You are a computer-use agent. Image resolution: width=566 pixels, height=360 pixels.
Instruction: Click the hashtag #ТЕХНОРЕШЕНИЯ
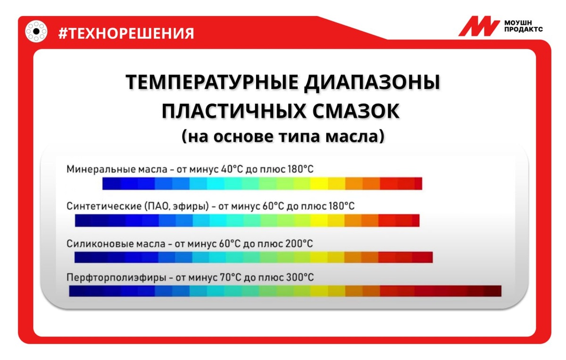click(x=126, y=33)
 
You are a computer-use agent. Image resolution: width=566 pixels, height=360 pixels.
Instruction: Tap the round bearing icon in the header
click(x=36, y=31)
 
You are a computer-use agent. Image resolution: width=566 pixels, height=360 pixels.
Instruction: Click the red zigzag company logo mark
click(x=479, y=26)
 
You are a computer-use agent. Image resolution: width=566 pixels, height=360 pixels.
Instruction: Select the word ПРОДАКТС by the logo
click(x=523, y=30)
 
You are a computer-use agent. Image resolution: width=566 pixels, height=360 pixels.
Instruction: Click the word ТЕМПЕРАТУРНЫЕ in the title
click(x=212, y=82)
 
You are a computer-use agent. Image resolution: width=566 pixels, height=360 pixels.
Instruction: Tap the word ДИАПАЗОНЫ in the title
click(x=372, y=83)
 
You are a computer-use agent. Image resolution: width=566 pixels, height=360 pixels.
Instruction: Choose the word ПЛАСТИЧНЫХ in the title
click(x=234, y=111)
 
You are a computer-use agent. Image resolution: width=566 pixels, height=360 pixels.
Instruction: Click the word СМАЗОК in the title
click(x=356, y=111)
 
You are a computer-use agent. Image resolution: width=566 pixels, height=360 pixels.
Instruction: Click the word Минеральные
click(x=101, y=169)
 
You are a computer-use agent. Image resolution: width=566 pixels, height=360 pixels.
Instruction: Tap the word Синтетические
click(x=104, y=206)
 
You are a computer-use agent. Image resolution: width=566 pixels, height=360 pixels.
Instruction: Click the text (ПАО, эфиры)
click(x=176, y=206)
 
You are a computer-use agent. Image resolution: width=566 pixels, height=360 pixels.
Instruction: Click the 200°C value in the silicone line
click(x=299, y=244)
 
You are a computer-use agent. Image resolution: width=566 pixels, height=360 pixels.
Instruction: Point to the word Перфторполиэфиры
click(x=116, y=277)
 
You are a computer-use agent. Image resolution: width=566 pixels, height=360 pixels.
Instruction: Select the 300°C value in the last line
click(x=300, y=277)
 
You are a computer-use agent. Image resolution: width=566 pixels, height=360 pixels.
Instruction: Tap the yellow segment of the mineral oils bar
click(x=319, y=184)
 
